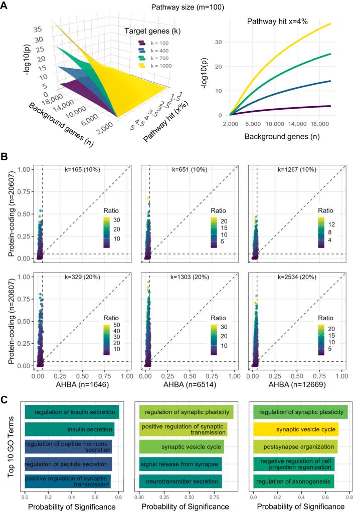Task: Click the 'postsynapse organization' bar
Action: [295, 447]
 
